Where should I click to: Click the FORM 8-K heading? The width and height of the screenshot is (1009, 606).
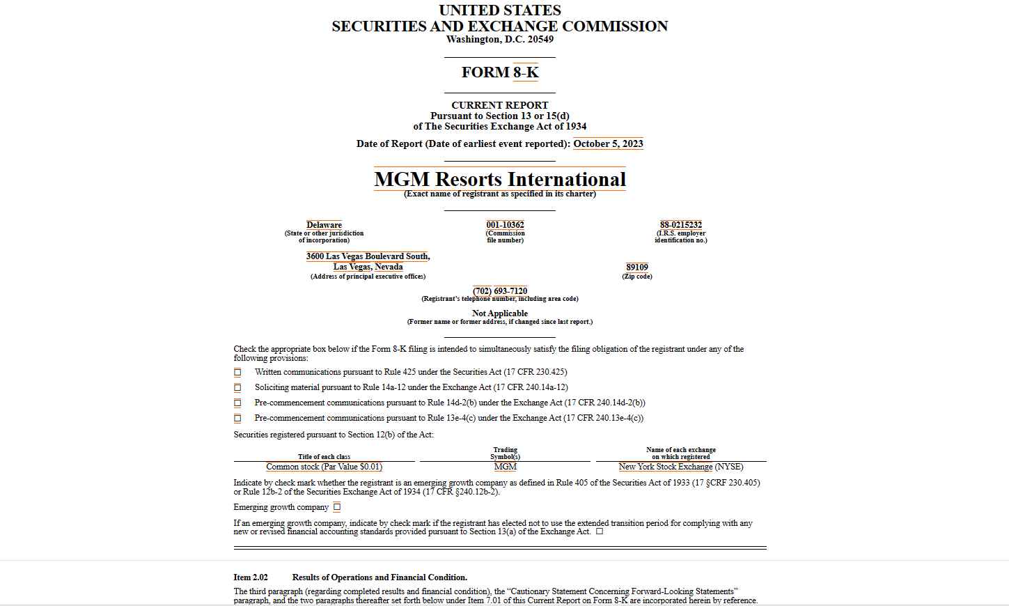[x=500, y=72]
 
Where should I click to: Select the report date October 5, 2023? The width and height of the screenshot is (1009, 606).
[x=608, y=144]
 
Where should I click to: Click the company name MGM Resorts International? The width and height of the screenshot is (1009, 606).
[x=500, y=179]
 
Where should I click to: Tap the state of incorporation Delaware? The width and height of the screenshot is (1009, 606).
[x=324, y=225]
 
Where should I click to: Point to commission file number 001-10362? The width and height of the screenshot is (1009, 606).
[x=505, y=225]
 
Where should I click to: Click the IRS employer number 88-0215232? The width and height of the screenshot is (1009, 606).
[x=680, y=225]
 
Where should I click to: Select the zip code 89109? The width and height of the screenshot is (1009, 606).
[x=636, y=267]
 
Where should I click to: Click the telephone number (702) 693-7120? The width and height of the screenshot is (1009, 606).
[x=500, y=291]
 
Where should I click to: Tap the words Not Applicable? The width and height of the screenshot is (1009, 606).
[x=500, y=313]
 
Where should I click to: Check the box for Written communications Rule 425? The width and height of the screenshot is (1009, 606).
[x=237, y=373]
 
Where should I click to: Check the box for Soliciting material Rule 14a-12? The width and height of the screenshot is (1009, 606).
[x=237, y=388]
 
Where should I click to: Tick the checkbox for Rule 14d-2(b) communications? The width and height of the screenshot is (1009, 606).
[x=237, y=403]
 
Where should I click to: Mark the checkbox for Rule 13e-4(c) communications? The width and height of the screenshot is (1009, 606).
[x=237, y=419]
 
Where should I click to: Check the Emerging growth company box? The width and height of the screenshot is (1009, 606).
[x=337, y=507]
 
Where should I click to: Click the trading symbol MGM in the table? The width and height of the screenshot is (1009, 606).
[x=505, y=467]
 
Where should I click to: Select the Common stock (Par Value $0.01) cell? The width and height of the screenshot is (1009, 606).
[x=324, y=467]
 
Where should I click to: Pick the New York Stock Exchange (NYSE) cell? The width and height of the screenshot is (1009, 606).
[x=680, y=467]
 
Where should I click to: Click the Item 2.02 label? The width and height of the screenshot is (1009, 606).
[x=251, y=577]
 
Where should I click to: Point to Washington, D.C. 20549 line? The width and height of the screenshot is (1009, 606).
[x=500, y=40]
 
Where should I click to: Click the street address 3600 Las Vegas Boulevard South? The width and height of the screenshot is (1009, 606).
[x=368, y=256]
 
